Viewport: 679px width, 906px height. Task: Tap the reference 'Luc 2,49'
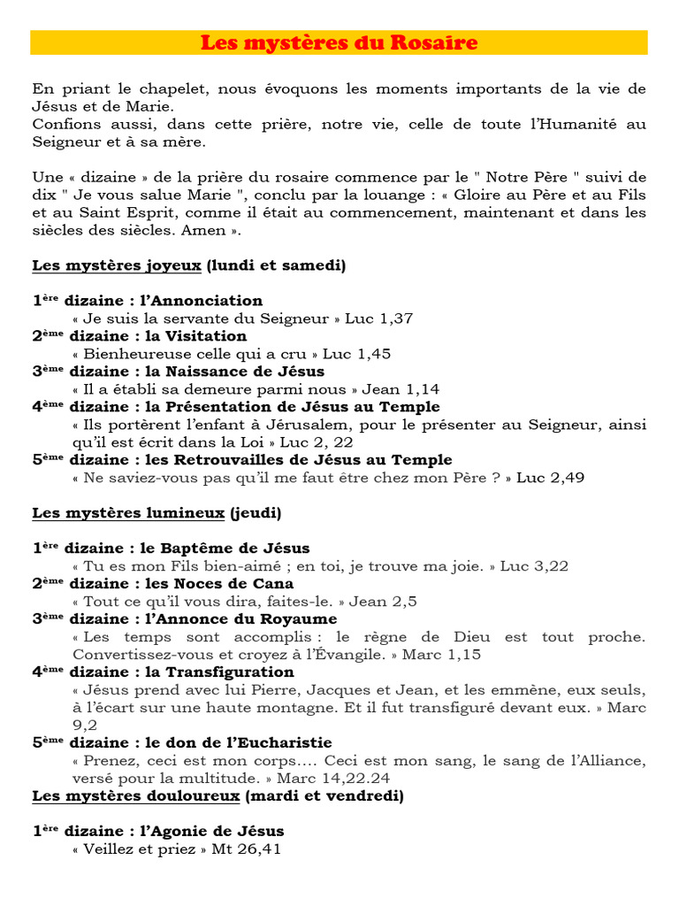pos(550,478)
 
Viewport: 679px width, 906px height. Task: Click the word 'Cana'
pos(276,584)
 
